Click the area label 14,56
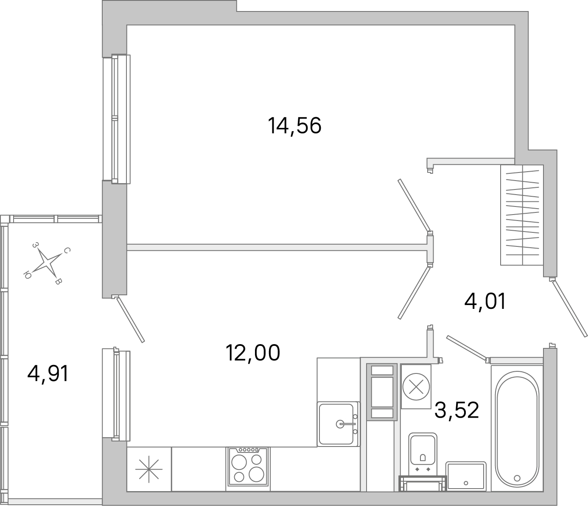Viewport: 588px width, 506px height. (294, 126)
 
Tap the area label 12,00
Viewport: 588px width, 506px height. (253, 353)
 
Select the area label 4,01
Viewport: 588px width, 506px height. (485, 302)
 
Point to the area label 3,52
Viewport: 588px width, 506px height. (457, 410)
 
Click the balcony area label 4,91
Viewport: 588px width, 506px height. (48, 374)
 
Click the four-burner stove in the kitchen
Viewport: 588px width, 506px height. (248, 467)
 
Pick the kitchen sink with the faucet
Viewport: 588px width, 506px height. (338, 424)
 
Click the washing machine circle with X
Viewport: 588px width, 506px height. (416, 387)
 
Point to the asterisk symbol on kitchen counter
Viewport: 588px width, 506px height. (148, 470)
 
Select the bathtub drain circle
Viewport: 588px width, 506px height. (517, 478)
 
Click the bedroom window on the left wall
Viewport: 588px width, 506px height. (115, 119)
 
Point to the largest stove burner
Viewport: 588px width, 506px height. (257, 474)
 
